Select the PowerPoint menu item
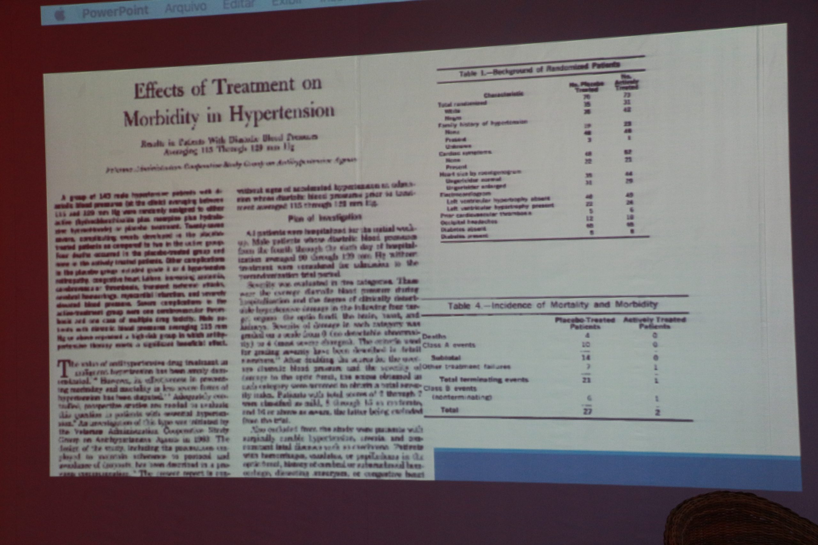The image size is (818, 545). coord(115,11)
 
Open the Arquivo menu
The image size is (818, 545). coord(186,7)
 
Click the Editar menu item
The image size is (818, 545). coord(239,4)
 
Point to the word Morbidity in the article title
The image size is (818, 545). coord(161,118)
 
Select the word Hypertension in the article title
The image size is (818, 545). coord(282,112)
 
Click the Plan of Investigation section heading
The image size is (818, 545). coord(325,217)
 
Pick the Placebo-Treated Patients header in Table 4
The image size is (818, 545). coord(585,323)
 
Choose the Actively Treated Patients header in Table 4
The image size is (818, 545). coord(654,322)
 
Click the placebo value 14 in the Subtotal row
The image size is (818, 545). coord(586,357)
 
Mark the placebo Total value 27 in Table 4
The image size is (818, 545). coord(587,412)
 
